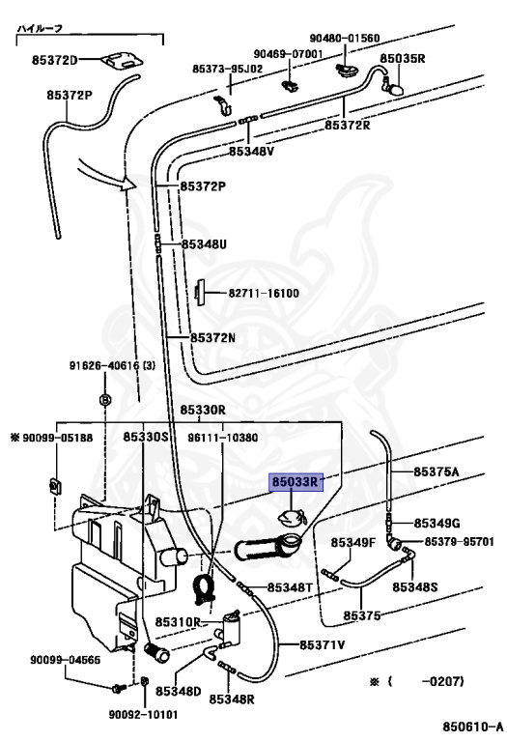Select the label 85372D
[54, 60]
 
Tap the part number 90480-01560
[345, 38]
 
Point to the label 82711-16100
[264, 294]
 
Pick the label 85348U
[205, 244]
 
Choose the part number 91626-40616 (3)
[112, 366]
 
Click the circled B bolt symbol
[105, 400]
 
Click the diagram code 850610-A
[472, 727]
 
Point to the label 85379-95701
[459, 541]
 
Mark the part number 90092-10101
[143, 714]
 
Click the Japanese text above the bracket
[41, 28]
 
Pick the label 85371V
[323, 645]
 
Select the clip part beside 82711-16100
[200, 293]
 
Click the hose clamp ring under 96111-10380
[204, 589]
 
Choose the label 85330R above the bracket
[203, 410]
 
